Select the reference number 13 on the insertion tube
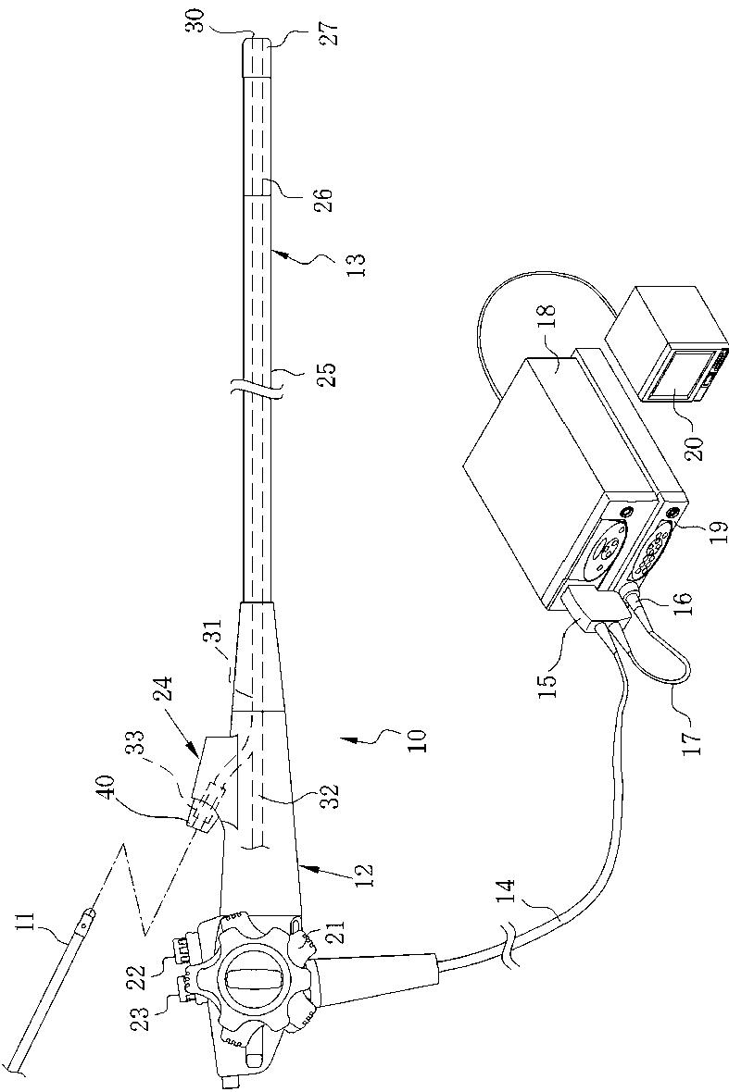(x=356, y=265)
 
